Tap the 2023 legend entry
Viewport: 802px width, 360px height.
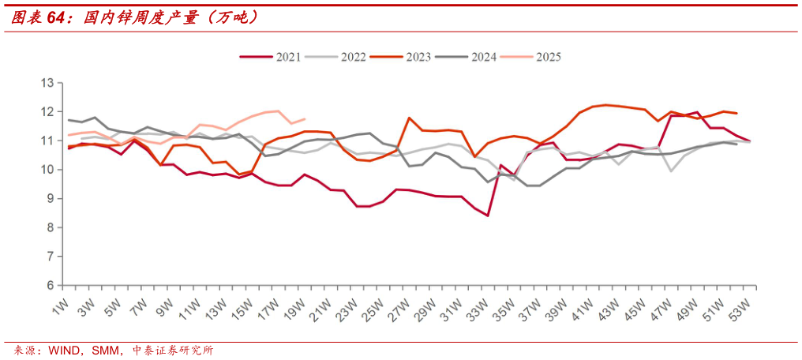(x=417, y=57)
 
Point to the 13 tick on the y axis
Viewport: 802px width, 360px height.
(x=47, y=83)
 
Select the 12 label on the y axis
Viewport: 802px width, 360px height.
(x=47, y=112)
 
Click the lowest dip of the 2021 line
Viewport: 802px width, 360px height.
(x=488, y=216)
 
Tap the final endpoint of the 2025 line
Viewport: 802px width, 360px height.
(x=305, y=119)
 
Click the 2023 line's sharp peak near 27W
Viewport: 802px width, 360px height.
(x=409, y=118)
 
